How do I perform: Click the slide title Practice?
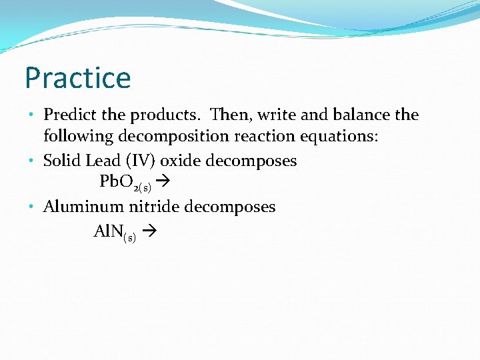coord(77,78)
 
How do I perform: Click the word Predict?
coord(70,115)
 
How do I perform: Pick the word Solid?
coord(61,161)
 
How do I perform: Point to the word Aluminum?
coord(81,207)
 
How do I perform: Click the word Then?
coord(229,115)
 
